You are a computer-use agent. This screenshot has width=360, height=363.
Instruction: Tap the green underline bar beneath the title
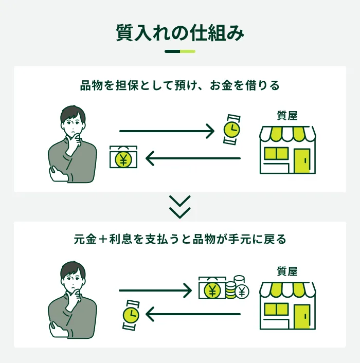click(x=180, y=51)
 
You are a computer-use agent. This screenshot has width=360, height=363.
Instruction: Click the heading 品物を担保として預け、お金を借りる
click(x=180, y=85)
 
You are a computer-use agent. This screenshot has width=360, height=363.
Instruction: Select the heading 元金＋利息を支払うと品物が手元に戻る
click(x=180, y=240)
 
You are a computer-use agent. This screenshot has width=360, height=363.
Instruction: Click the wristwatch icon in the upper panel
click(x=232, y=128)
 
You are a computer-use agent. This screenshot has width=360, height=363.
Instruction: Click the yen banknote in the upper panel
click(x=123, y=158)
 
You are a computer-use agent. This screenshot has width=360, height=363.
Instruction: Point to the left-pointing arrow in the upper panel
click(x=193, y=158)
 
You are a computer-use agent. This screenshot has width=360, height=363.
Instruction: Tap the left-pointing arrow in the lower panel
click(x=193, y=313)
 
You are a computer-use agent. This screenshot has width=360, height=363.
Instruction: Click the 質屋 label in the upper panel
click(x=287, y=116)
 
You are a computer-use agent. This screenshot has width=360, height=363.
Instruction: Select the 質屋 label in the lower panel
click(x=287, y=271)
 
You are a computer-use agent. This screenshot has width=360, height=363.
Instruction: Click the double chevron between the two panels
click(x=180, y=207)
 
